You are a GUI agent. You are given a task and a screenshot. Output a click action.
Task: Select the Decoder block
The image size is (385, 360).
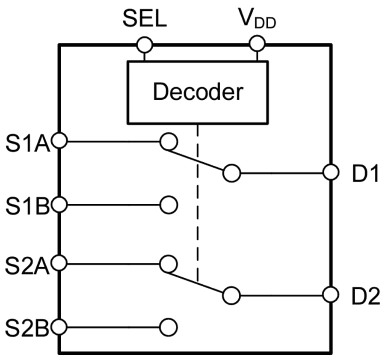point(197,92)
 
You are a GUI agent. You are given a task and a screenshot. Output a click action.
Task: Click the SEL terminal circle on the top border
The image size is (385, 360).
point(144,44)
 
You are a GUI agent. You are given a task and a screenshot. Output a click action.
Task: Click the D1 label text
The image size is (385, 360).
point(365,174)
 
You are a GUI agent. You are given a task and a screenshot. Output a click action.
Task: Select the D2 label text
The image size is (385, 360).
point(365,296)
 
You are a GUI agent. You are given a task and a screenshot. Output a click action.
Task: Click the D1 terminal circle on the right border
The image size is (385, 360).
point(330,173)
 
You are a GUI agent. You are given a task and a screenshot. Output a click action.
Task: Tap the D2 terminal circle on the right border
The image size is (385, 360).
point(330,295)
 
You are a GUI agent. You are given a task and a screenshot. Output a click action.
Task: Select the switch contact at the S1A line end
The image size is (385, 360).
point(169,141)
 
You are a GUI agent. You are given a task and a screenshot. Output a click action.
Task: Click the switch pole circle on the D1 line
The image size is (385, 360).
point(232,173)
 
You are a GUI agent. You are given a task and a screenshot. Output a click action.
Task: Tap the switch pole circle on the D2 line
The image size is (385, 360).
point(232,295)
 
